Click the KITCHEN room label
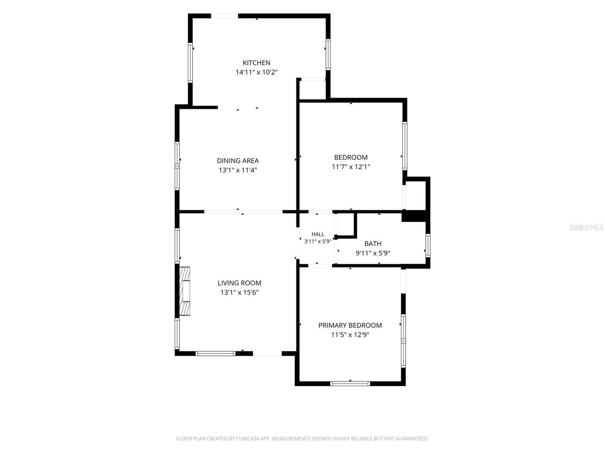coord(256,63)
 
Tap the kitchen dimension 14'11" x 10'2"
coord(256,72)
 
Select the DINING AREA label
coord(237,161)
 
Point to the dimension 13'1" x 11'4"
coord(237,170)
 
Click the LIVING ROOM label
coord(239,283)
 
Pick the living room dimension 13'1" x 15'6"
coord(239,292)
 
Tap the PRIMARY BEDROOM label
coord(350,325)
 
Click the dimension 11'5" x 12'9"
coord(350,335)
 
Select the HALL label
coord(318,234)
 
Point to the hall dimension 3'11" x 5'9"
coord(318,241)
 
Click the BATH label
coord(373,244)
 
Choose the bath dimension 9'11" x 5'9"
coord(373,253)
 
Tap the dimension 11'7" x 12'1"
coord(351,167)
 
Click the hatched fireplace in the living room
coord(185,291)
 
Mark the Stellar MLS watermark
coord(586,227)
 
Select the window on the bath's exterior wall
coord(428,245)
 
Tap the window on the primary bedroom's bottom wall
coord(350,383)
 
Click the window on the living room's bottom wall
coord(216,353)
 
